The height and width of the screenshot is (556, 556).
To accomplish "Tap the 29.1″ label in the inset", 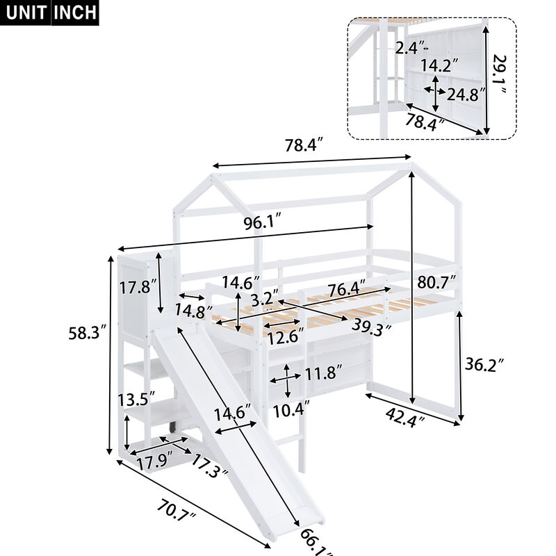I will pyautogui.click(x=498, y=78).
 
